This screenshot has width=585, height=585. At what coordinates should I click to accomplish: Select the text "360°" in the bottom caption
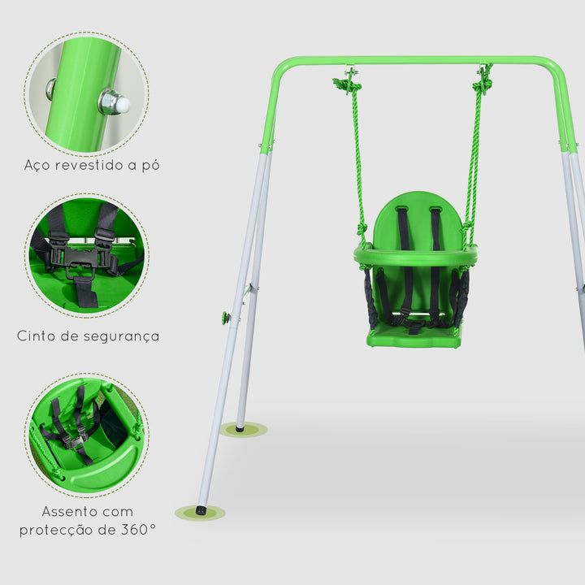point(136,530)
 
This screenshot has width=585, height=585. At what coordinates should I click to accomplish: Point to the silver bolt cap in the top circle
point(115,102)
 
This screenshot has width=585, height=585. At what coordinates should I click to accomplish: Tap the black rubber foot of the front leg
point(201,510)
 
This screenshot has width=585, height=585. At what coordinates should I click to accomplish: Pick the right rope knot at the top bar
point(484,81)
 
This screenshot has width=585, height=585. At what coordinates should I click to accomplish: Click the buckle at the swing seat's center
point(415,327)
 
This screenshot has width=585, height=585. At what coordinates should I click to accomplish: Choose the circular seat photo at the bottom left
point(86,434)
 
